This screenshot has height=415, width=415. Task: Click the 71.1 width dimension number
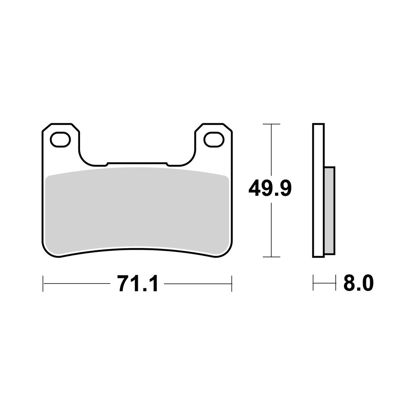click(x=137, y=284)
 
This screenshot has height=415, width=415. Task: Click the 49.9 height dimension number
click(x=270, y=189)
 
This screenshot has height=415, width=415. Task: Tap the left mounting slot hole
click(x=61, y=139)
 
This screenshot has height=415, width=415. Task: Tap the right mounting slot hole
click(x=214, y=139)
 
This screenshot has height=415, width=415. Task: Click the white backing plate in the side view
click(x=318, y=191)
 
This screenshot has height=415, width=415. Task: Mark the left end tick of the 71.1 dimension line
click(x=43, y=284)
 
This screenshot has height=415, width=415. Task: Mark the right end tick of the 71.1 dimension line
click(x=232, y=284)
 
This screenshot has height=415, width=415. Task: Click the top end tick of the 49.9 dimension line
click(x=271, y=124)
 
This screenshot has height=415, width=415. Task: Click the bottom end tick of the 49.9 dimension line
click(x=271, y=257)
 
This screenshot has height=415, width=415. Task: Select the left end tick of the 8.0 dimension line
click(x=313, y=284)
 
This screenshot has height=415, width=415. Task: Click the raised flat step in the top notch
click(x=137, y=164)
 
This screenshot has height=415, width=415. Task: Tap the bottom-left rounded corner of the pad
click(x=48, y=251)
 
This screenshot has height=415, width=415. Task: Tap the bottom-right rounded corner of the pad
click(x=227, y=251)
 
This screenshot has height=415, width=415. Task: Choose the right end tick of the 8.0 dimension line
click(x=335, y=284)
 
